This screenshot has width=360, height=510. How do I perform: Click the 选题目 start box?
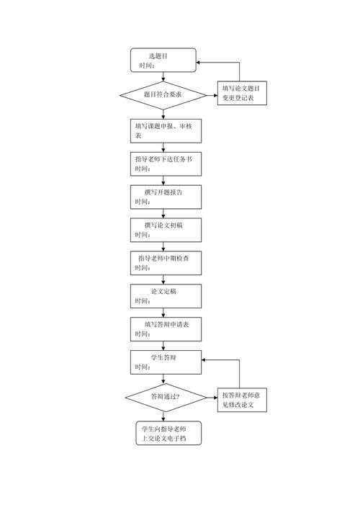163,60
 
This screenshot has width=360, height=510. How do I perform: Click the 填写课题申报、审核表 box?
165,130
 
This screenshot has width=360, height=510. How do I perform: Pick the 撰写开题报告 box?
165,197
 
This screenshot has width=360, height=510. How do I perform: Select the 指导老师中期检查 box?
165,263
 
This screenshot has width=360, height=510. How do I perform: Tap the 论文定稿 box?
165,295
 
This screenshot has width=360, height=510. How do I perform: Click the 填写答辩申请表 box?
165,328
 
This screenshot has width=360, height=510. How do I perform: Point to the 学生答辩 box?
165,362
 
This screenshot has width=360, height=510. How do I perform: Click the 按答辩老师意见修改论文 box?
243,401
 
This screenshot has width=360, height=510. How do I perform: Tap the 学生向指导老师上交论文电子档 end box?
168,432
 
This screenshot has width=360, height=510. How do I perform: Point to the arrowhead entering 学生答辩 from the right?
205,358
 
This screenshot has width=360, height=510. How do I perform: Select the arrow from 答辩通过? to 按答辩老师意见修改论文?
211,397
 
